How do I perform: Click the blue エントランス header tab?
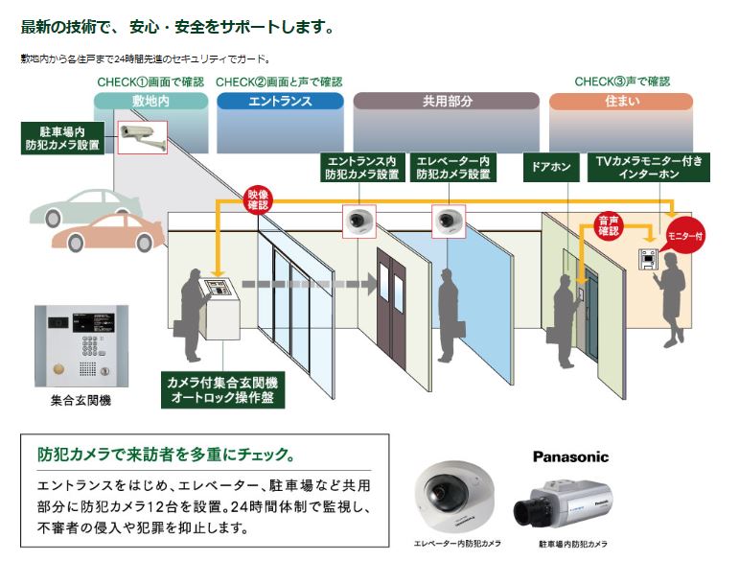coord(280,101)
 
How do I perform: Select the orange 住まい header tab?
coord(621,101)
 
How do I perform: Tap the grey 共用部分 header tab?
coord(446,101)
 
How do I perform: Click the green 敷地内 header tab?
coord(151,101)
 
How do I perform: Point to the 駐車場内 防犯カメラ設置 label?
coord(62,139)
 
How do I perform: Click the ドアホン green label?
coord(549,167)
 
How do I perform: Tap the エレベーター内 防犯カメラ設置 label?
coord(453,167)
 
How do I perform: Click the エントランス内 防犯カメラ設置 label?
coord(361,167)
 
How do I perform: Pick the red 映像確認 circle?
coord(259,199)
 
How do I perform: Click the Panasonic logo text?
coord(570,456)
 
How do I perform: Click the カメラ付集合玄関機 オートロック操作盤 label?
coord(219,390)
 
